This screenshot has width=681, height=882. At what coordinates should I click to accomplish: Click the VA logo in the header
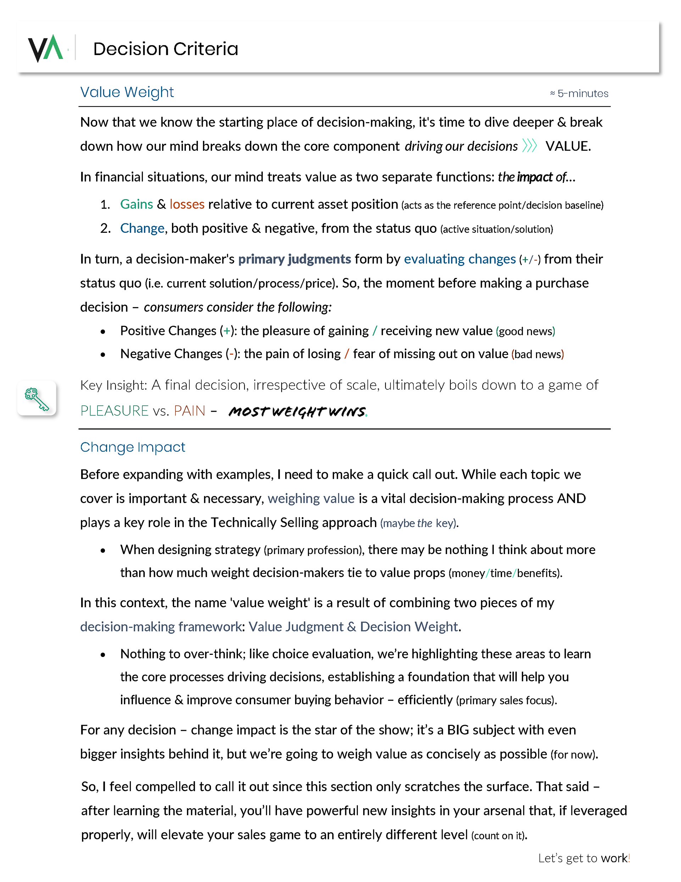[x=45, y=49]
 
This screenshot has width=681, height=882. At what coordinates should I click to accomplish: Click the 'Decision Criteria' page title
[x=166, y=49]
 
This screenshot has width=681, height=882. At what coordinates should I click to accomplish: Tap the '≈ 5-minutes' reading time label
[x=579, y=94]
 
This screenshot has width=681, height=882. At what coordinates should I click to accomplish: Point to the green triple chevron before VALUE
[x=529, y=146]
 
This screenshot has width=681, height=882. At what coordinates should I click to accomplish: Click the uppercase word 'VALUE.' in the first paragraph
[x=568, y=146]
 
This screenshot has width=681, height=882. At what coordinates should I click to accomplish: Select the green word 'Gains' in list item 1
[x=137, y=204]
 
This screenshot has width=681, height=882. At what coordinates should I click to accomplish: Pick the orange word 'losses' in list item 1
[x=187, y=204]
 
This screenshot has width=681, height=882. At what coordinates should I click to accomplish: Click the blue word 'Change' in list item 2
[x=142, y=229]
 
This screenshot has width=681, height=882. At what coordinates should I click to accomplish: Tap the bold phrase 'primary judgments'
[x=294, y=259]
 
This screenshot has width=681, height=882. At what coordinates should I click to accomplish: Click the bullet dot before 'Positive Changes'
[x=103, y=332]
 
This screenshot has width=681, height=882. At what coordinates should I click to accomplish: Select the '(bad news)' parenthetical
[x=537, y=354]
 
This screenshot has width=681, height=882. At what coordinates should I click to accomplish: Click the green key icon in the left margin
[x=37, y=399]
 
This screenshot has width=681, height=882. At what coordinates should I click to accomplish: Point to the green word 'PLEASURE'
[x=115, y=411]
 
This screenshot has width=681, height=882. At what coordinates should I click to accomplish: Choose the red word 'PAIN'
[x=189, y=411]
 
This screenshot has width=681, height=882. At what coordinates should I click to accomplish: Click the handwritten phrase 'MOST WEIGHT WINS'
[x=297, y=411]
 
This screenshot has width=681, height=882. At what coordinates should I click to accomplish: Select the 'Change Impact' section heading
[x=132, y=447]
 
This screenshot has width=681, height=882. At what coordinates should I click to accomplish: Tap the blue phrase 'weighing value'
[x=311, y=499]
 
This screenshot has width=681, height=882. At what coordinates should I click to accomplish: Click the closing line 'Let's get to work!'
[x=584, y=858]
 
